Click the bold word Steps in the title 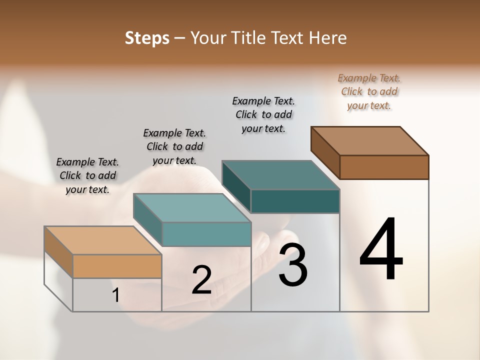coord(147,38)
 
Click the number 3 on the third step coord(293,265)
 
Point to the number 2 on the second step coord(201,280)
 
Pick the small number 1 coord(115,295)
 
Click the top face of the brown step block coord(369,141)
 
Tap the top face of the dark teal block coord(280,175)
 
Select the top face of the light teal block coord(192,208)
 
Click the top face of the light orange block coord(102,240)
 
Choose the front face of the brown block coord(384,167)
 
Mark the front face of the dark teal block coord(295,201)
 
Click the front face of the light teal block coord(206,234)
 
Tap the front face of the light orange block coord(117,266)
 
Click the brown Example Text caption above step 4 coord(369,92)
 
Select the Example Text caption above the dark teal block coord(263,114)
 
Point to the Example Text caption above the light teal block coord(174,146)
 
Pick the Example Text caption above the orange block coord(87,175)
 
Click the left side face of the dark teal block coord(236,186)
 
